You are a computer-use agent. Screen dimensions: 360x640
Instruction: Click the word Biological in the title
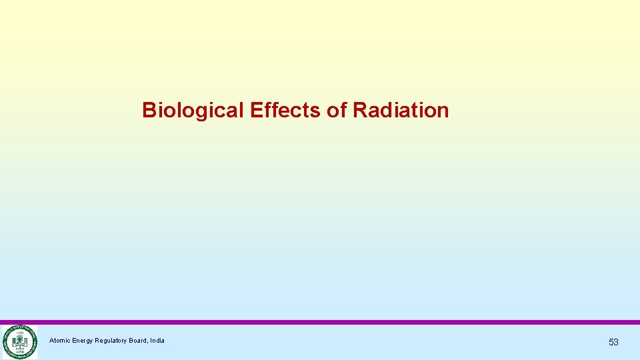coord(193,110)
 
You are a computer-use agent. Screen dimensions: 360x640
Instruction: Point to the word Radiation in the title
coord(401,110)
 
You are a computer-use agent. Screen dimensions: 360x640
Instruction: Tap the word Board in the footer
coord(139,341)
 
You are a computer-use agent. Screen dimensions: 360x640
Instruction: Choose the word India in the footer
coord(157,341)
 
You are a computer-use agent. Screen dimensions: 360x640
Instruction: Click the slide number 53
coord(613,342)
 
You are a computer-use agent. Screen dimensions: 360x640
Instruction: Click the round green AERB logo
coord(19,342)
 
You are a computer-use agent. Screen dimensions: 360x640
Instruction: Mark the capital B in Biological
coord(149,110)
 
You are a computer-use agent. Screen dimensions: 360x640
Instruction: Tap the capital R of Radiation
coord(359,110)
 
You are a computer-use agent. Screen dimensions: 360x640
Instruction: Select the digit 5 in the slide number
coord(611,342)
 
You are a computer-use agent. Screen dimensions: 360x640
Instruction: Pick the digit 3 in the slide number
coord(616,342)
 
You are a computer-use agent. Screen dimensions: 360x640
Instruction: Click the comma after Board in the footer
coord(148,343)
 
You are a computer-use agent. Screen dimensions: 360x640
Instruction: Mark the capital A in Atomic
coord(51,341)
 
